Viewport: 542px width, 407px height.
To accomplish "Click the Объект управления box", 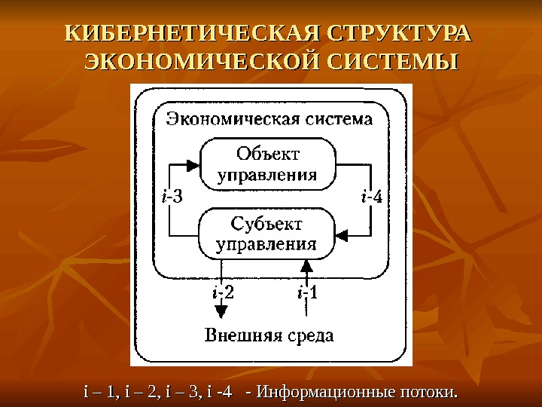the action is click(267, 164).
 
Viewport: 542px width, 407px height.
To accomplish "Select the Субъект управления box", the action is click(267, 233).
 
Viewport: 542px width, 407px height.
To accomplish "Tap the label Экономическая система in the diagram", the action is click(270, 119).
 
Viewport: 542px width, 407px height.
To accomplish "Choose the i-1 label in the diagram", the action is click(306, 292).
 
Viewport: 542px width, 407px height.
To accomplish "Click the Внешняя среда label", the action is click(269, 335).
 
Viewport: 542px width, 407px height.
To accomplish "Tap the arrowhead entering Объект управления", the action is click(192, 165).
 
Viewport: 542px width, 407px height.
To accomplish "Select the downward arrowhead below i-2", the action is click(221, 311).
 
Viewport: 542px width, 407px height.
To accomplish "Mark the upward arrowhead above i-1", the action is click(306, 265).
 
